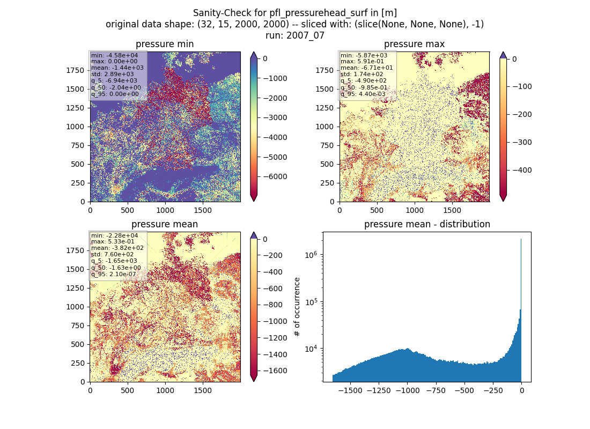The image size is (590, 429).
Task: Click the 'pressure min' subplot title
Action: click(165, 44)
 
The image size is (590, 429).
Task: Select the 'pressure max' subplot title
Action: click(414, 44)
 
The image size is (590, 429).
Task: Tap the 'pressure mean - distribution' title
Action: click(427, 224)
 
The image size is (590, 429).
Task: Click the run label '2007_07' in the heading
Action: click(305, 36)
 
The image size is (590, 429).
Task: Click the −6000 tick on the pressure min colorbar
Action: click(275, 177)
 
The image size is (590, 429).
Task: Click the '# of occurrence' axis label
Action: click(297, 307)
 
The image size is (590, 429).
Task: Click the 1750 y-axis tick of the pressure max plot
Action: click(324, 70)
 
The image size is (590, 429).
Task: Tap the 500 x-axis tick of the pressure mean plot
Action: click(128, 390)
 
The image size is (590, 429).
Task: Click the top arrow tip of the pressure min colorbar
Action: click(254, 52)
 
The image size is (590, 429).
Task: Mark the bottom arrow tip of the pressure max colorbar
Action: click(504, 201)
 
